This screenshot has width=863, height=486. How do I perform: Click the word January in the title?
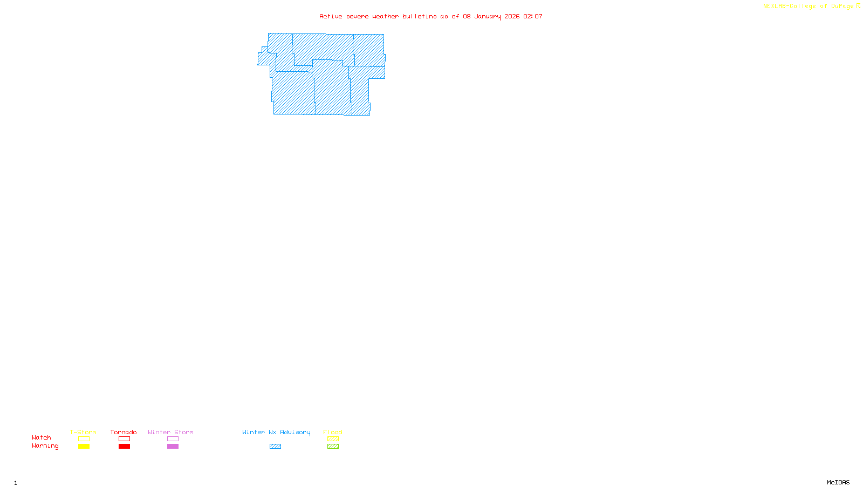point(488,16)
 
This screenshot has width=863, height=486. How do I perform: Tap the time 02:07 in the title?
point(533,16)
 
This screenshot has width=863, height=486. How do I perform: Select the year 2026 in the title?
point(512,16)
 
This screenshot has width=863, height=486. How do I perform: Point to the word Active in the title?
point(331,16)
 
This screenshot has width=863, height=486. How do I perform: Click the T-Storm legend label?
point(83,432)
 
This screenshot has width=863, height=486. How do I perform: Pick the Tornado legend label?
point(124,432)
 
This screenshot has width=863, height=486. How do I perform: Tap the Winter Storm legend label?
point(170,432)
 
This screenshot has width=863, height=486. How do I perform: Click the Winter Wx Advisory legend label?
point(276,432)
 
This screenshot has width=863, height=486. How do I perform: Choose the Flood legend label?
point(333,432)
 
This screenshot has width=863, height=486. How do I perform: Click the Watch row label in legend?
point(42,437)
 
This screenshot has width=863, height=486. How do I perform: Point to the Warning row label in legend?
point(45,446)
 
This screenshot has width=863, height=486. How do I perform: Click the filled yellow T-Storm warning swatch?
point(84,447)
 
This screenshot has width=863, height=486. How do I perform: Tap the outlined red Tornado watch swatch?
point(124,439)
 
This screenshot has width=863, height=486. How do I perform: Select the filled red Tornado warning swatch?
point(124,447)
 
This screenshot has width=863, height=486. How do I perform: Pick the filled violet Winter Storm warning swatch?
point(173,447)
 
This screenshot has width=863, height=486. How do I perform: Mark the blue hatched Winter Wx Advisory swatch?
point(275,447)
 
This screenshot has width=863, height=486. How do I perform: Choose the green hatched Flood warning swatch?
point(333,447)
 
